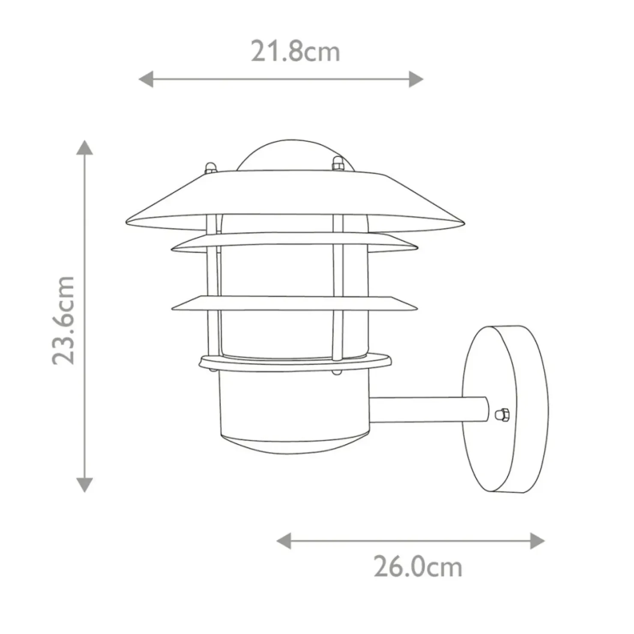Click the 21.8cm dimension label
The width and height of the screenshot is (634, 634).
(x=295, y=51)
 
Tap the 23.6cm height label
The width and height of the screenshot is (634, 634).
(x=63, y=320)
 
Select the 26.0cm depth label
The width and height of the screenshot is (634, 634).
(x=418, y=567)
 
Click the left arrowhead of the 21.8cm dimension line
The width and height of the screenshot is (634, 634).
(x=146, y=79)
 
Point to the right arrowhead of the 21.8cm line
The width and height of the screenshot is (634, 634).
(x=416, y=79)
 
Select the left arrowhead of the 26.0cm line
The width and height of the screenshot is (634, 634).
(x=284, y=541)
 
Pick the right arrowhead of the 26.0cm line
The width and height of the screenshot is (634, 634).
(x=537, y=541)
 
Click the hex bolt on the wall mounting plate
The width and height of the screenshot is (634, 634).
(x=502, y=414)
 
